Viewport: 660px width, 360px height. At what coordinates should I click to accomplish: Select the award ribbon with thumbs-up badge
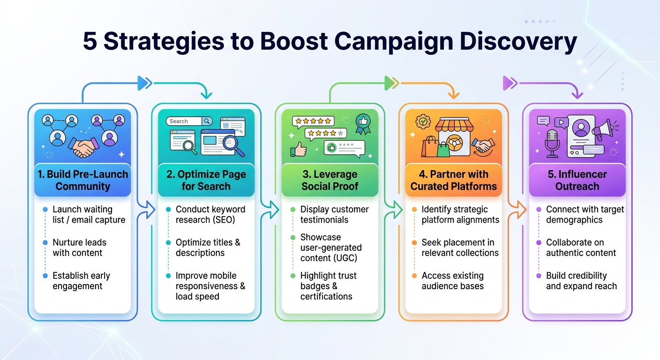click(363, 124)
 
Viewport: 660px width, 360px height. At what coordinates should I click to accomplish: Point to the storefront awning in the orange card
click(454, 125)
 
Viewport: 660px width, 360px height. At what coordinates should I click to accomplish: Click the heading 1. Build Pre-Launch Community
click(83, 180)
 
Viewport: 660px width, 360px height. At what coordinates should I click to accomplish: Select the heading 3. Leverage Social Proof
click(330, 180)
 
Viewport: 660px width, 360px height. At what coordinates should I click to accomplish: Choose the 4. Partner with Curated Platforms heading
click(453, 180)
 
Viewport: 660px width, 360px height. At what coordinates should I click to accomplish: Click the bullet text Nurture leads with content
click(79, 247)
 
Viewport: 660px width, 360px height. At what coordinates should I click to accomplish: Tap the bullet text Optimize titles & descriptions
click(208, 247)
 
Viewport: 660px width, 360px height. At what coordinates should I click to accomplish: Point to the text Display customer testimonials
click(334, 215)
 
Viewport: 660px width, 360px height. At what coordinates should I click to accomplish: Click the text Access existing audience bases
click(452, 281)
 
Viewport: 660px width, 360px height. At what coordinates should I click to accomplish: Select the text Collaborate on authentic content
click(581, 247)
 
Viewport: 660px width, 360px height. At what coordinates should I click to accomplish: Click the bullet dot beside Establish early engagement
click(45, 276)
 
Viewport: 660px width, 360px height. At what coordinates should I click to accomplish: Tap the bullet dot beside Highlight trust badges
click(293, 276)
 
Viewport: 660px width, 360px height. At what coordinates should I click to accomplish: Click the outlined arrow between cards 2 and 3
click(270, 210)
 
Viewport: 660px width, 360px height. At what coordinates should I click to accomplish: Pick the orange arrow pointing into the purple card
click(517, 210)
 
